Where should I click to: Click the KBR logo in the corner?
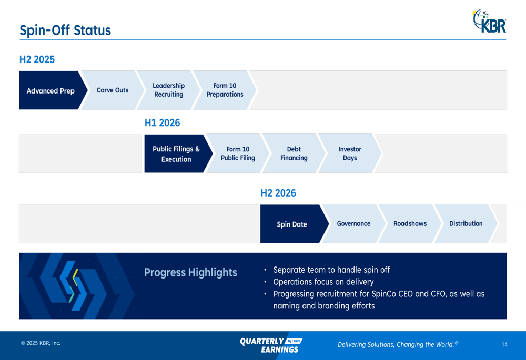(x=489, y=21)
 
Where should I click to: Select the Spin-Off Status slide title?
(x=65, y=30)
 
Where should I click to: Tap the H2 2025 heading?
(x=37, y=59)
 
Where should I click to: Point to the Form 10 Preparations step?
(x=225, y=90)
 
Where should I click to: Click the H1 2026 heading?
(x=163, y=122)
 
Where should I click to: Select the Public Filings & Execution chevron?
(x=177, y=154)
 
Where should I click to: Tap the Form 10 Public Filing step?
(x=238, y=153)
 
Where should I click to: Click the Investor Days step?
(x=350, y=153)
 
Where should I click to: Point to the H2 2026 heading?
(x=278, y=193)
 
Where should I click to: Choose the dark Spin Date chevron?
(x=293, y=224)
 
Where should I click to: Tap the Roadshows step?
(x=410, y=223)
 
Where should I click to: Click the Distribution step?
(x=466, y=223)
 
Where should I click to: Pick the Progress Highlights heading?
(x=190, y=273)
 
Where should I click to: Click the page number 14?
(x=504, y=345)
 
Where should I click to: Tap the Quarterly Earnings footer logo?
(x=271, y=345)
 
